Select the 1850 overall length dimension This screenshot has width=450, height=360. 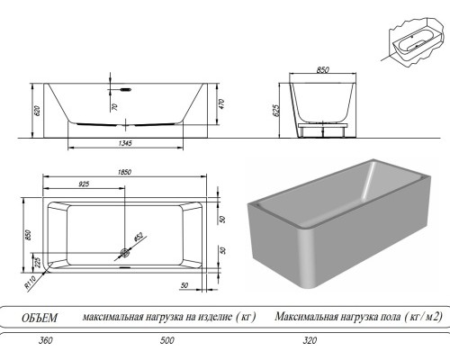(127, 171)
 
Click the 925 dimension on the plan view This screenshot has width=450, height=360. (84, 184)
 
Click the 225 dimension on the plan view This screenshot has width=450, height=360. (37, 260)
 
